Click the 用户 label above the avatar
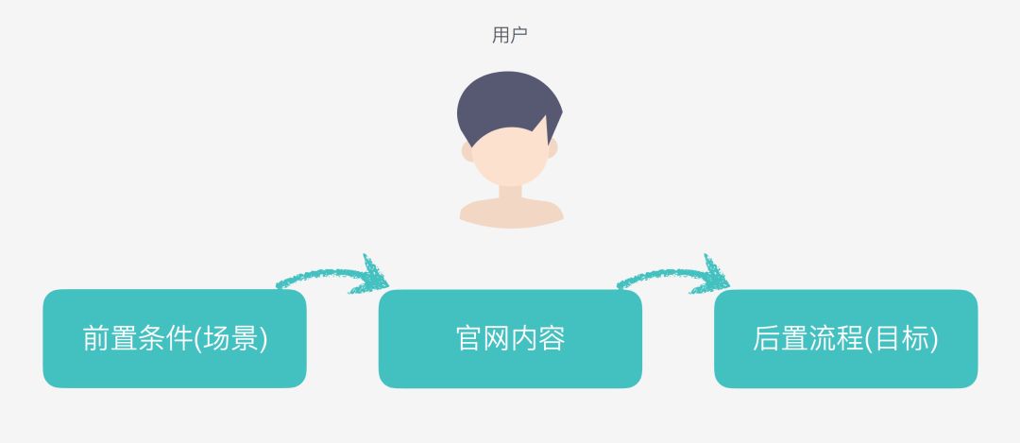coord(510,36)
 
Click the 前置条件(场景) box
coord(175,338)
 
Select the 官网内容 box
coord(510,338)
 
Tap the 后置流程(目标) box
coord(845,338)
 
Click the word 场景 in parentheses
coord(230,339)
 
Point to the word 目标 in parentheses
coord(902,339)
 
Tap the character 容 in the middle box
coord(552,339)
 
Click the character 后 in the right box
coord(766,339)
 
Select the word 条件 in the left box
coord(165,339)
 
